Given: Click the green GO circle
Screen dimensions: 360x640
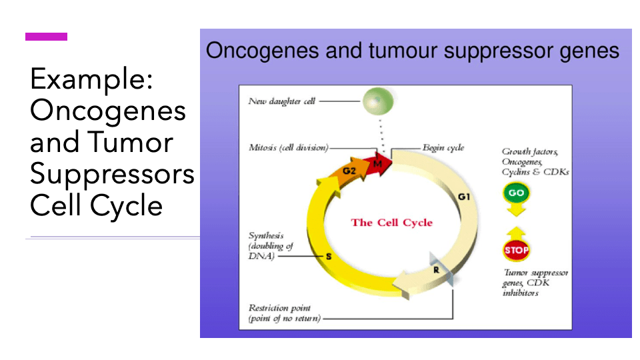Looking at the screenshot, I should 516,193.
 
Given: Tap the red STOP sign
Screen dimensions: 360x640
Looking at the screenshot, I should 516,251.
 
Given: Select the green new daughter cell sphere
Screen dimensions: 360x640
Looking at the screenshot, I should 378,101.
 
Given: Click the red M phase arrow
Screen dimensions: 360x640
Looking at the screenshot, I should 379,163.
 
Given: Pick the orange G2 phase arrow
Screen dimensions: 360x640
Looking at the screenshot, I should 350,171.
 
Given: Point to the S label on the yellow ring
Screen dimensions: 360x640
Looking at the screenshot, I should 328,255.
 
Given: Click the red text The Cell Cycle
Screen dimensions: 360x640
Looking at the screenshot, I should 391,223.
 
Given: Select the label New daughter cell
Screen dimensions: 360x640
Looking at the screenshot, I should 281,101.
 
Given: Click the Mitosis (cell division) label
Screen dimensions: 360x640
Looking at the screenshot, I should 288,147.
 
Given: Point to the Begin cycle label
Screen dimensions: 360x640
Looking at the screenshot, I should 443,147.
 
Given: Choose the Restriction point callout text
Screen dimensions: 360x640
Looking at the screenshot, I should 284,313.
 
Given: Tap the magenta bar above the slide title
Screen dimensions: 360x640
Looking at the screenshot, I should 46,37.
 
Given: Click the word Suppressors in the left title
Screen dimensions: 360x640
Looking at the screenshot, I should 112,174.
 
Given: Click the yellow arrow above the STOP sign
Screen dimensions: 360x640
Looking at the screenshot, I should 516,232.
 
